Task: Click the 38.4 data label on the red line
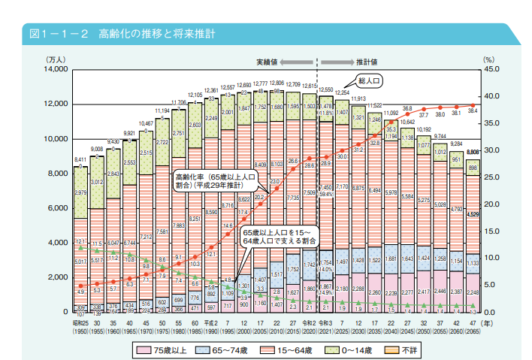[473, 110]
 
